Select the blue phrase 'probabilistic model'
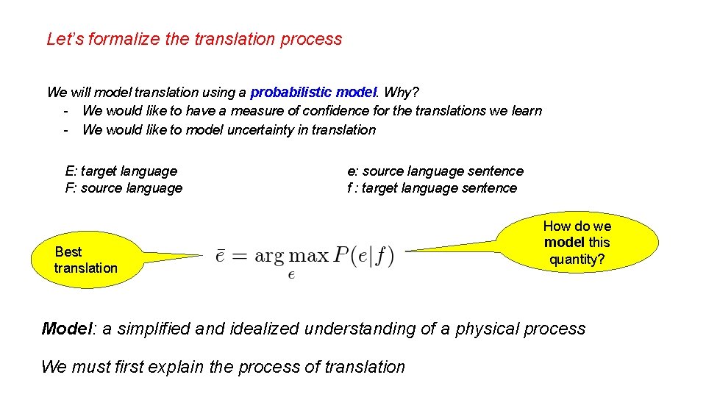tap(313, 93)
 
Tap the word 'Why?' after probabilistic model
tap(402, 93)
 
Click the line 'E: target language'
tap(121, 171)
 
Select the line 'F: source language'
tap(124, 188)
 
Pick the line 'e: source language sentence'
tap(435, 171)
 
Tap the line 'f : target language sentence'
tap(432, 188)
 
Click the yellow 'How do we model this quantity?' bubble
tap(577, 242)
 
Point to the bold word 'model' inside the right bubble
tap(564, 243)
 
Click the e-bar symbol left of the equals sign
tap(220, 257)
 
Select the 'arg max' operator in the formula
tap(291, 257)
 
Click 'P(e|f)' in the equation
tap(363, 256)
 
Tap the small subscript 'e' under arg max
tap(291, 275)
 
